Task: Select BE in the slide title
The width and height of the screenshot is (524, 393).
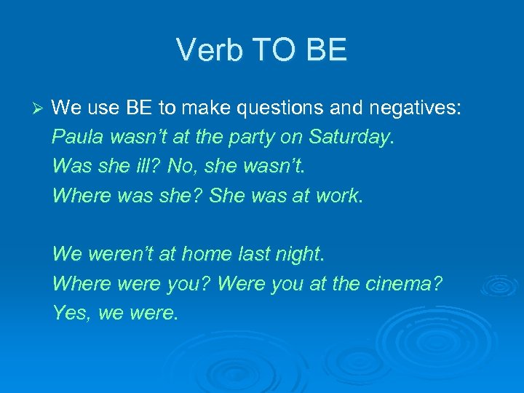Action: click(327, 50)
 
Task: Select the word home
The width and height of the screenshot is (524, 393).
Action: click(206, 254)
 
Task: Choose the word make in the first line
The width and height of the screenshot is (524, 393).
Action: click(207, 108)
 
